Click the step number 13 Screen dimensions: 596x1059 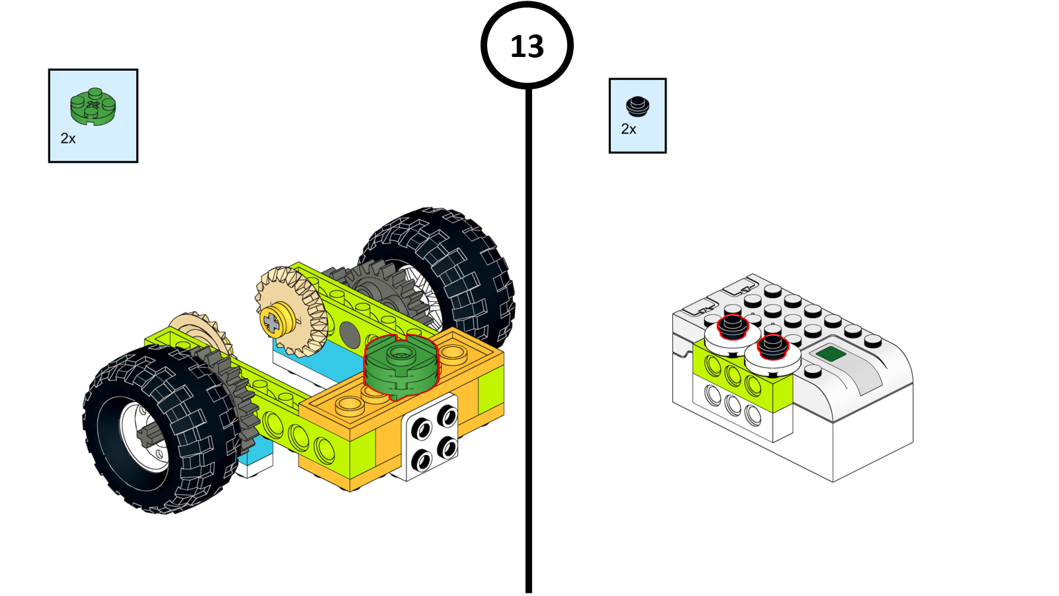point(527,46)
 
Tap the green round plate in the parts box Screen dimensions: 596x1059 point(93,107)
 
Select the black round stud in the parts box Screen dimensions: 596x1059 point(637,106)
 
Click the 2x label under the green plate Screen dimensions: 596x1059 point(68,138)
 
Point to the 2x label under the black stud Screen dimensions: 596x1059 point(629,129)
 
